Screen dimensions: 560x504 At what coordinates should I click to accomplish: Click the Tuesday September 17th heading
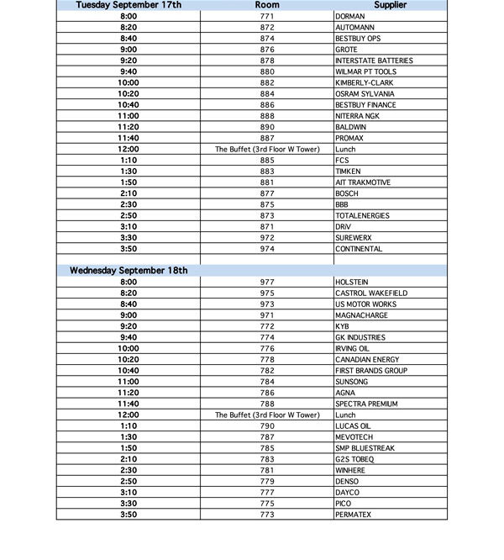point(129,5)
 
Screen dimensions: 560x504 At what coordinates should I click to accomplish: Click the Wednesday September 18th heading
point(129,271)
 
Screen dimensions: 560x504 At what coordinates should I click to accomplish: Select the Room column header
point(267,5)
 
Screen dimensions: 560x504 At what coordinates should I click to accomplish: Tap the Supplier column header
point(390,5)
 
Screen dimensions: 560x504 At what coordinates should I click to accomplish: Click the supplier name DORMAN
point(349,17)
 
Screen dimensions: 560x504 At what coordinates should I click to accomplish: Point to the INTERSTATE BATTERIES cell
point(374,61)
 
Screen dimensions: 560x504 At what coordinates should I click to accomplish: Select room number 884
point(267,94)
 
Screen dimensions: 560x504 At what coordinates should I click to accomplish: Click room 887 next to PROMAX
point(267,138)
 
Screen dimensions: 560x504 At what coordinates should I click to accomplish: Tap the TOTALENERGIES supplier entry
point(362,216)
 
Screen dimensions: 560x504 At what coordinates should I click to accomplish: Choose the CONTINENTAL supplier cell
point(359,249)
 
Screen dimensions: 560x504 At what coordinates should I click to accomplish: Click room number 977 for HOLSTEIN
point(267,283)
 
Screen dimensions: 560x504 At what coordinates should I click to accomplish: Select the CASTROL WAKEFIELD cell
point(371,293)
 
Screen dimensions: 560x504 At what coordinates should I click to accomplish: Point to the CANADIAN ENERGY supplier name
point(367,360)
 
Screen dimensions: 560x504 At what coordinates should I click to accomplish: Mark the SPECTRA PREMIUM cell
point(366,404)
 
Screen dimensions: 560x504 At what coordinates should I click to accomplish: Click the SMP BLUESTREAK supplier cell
point(365,448)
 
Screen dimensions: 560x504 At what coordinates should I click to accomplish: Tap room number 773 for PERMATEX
point(267,515)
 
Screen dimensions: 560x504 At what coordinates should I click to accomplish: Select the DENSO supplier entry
point(347,482)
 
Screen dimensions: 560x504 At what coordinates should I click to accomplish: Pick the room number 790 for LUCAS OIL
point(267,426)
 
